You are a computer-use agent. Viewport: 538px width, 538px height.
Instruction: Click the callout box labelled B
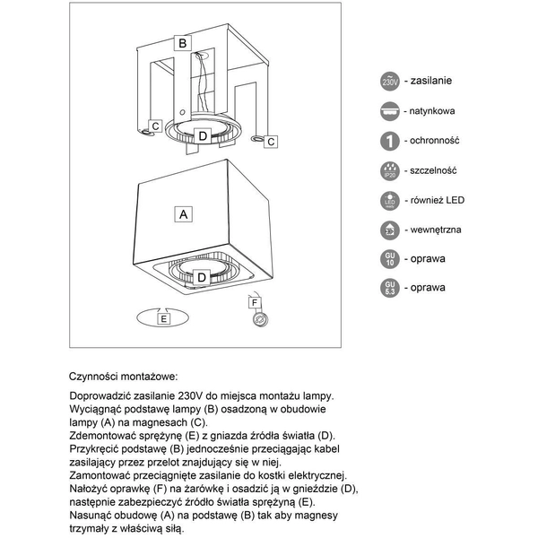[182, 42]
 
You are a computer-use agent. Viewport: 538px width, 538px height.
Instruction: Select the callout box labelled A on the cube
[184, 214]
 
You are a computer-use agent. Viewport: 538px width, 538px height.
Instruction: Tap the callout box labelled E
[163, 317]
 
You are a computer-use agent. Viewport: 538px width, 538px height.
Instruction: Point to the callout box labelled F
[255, 302]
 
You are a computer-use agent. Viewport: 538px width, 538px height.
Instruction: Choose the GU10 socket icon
[390, 259]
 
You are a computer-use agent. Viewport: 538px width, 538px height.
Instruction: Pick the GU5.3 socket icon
[390, 288]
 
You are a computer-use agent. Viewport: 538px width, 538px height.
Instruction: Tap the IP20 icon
[390, 170]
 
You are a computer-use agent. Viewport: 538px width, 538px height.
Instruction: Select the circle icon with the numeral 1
[390, 141]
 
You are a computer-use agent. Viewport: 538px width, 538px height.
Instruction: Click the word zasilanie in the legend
[432, 81]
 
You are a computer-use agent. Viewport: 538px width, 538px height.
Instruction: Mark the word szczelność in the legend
[435, 170]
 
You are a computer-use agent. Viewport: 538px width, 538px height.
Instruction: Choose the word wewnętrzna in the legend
[437, 230]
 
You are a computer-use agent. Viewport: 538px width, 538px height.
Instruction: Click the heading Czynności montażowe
[123, 377]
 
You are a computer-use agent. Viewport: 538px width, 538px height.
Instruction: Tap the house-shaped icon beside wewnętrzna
[390, 230]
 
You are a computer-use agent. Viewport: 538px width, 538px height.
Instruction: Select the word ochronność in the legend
[435, 141]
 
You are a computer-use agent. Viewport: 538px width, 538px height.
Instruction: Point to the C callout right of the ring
[271, 142]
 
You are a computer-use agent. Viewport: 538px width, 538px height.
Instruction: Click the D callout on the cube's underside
[203, 278]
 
